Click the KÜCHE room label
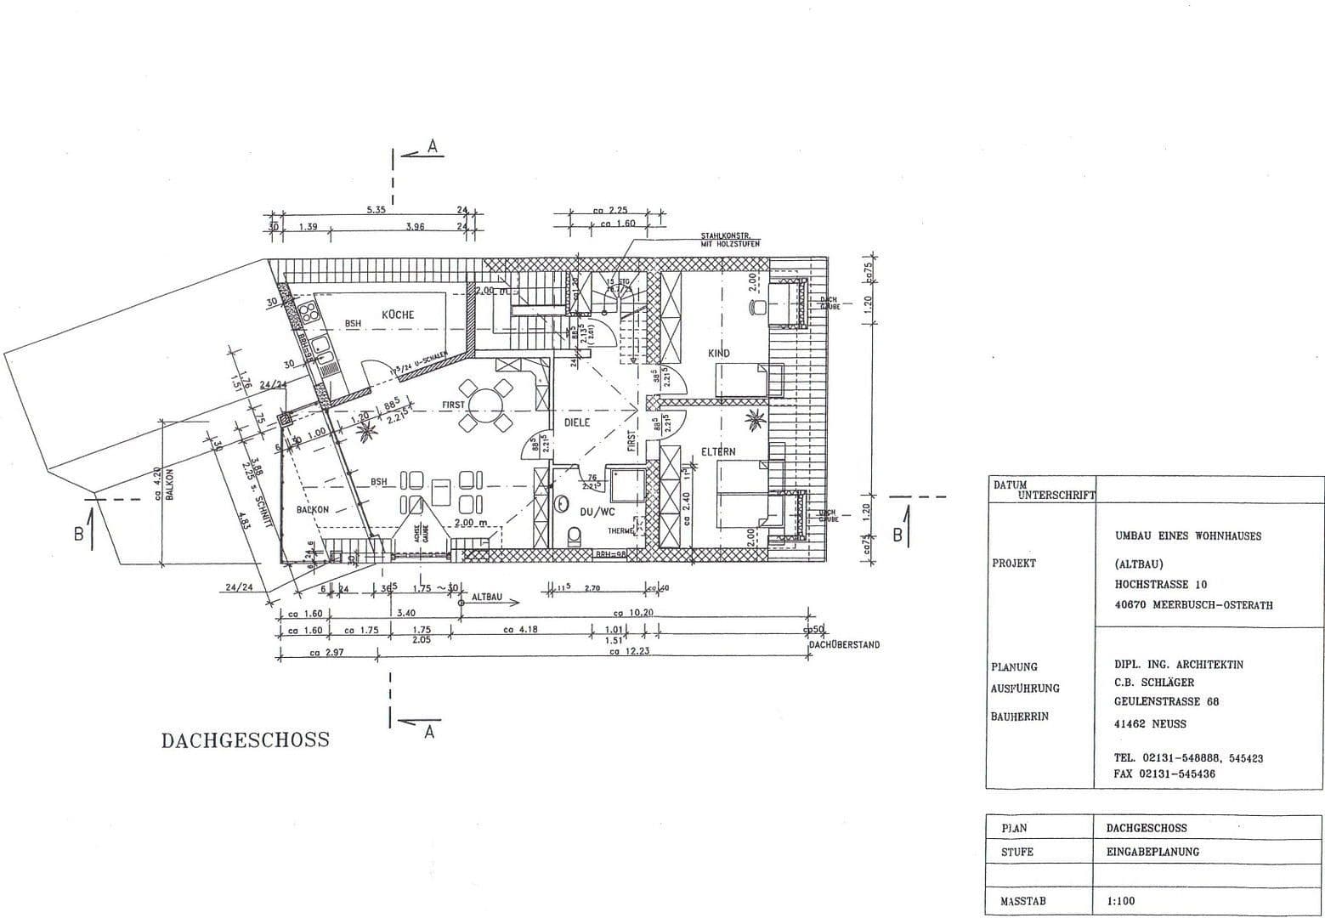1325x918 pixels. click(x=398, y=314)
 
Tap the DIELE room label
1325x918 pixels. click(x=576, y=422)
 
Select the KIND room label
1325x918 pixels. click(x=718, y=353)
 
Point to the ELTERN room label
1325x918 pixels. click(x=718, y=451)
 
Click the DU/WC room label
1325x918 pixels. click(x=597, y=512)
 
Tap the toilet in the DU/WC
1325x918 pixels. click(x=574, y=535)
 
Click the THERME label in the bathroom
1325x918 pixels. click(x=620, y=530)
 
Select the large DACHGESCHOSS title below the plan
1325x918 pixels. click(x=245, y=739)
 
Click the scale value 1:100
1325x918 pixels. click(x=1120, y=901)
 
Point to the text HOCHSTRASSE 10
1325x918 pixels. click(x=1161, y=584)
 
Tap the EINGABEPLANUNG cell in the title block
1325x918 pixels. click(x=1152, y=851)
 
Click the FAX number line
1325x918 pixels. click(x=1164, y=774)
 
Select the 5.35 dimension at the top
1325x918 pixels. click(x=377, y=209)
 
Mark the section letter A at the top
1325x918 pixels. click(x=432, y=147)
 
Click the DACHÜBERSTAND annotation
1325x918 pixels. click(x=844, y=645)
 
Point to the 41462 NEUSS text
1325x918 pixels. click(x=1150, y=724)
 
